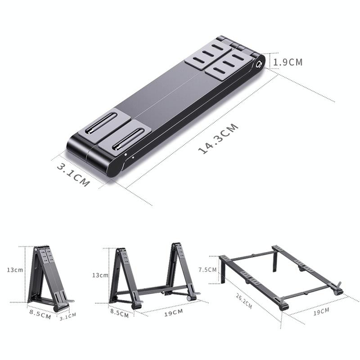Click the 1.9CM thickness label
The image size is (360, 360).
click(x=288, y=62)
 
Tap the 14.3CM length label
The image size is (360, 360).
click(x=218, y=139)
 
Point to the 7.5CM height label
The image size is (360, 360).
click(x=208, y=270)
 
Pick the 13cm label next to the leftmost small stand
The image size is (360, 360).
click(x=14, y=270)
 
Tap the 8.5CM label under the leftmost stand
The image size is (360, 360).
click(x=40, y=315)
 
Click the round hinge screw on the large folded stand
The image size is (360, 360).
click(x=259, y=64)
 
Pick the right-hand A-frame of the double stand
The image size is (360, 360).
click(x=180, y=270)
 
